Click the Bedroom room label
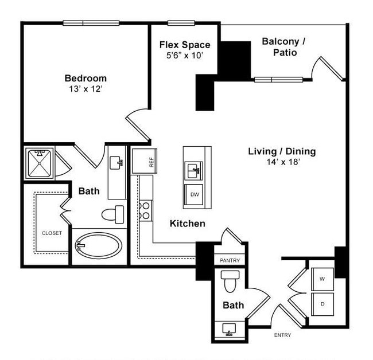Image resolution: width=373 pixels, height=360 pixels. tap(85, 79)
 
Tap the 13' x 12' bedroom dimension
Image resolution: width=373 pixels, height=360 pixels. tap(85, 89)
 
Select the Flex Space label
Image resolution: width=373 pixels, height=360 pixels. tap(184, 45)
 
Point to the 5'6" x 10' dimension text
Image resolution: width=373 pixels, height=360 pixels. tap(184, 56)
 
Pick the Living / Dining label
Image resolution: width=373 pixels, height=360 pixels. tap(282, 151)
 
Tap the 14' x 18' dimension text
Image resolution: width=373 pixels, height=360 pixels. tap(282, 162)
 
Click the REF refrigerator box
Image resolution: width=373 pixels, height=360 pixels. tap(144, 161)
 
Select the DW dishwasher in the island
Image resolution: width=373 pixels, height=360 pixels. tap(195, 195)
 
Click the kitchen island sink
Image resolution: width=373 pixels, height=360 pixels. tap(194, 170)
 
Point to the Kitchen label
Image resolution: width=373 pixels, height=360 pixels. tap(187, 224)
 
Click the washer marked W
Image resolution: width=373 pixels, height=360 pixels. tap(322, 279)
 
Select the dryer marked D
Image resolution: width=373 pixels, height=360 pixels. tap(322, 304)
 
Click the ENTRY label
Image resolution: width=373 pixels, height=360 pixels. tap(282, 335)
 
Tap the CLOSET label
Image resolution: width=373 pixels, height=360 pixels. tap(52, 233)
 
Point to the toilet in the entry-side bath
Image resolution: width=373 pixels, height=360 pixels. tap(231, 281)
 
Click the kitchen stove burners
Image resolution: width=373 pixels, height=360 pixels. tap(146, 210)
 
